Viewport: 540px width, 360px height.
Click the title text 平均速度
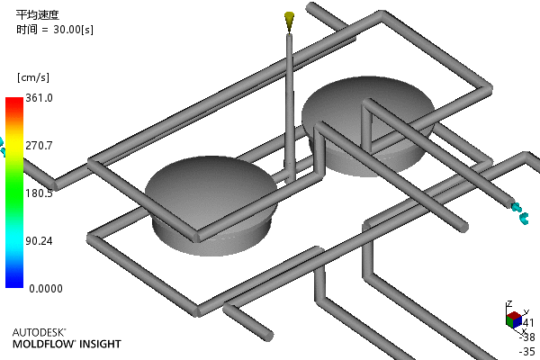(x=36, y=14)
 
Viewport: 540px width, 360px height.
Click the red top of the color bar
(x=13, y=103)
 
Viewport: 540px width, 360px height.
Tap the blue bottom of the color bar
(x=13, y=281)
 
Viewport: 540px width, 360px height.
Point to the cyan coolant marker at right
(x=519, y=212)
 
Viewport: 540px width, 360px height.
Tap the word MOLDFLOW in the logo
(x=43, y=344)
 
